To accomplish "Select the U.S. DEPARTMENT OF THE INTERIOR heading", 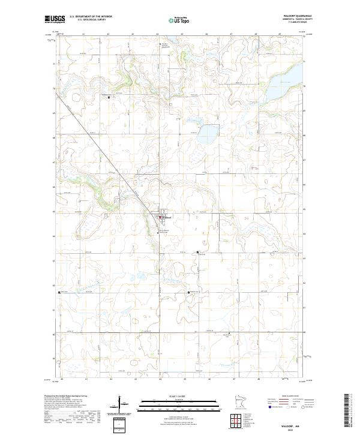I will (91, 16).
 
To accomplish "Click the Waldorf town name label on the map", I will (167, 217).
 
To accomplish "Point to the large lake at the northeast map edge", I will (287, 82).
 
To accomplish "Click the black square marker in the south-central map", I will (189, 293).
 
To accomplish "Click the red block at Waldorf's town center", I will (160, 217).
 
